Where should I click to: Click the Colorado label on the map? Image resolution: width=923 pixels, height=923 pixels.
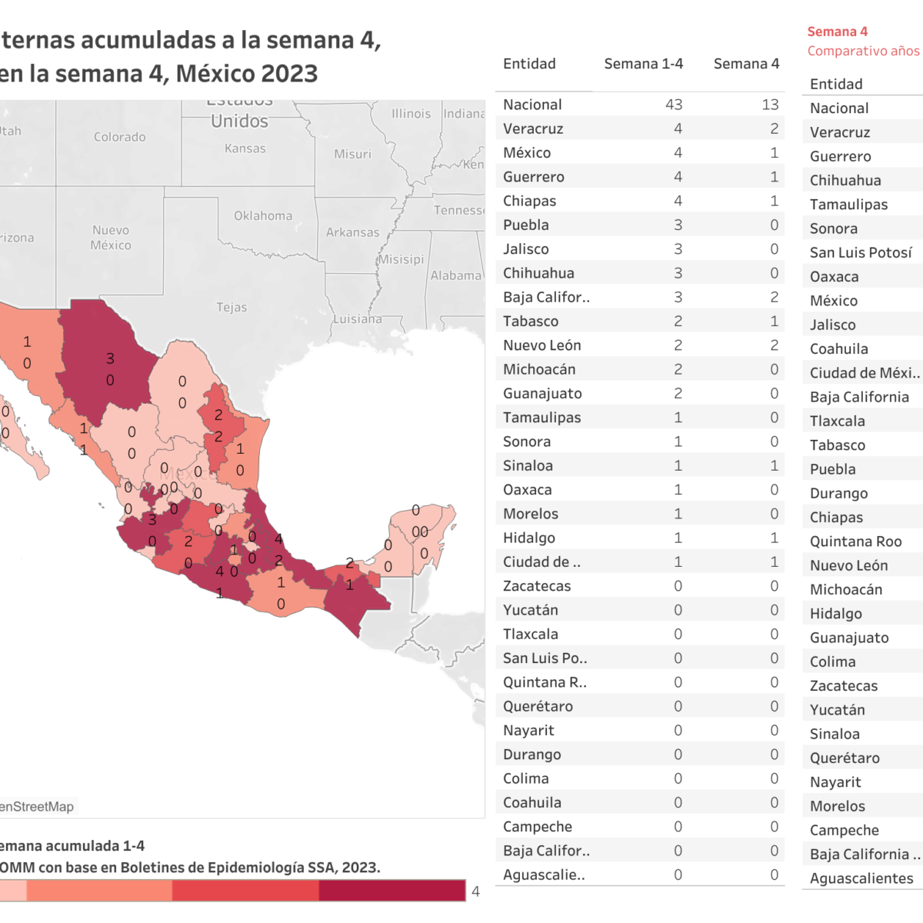(119, 137)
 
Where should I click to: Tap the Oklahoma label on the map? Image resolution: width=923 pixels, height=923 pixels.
(263, 216)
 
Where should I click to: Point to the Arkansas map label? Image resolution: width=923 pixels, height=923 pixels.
(352, 232)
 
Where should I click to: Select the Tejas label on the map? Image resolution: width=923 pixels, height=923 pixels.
(232, 308)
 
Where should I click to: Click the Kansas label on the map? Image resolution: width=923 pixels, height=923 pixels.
(245, 148)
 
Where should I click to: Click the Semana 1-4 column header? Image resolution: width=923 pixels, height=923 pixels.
(643, 64)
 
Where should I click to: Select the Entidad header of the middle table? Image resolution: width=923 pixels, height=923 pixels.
(529, 64)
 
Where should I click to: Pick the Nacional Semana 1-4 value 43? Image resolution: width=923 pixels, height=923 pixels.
(674, 105)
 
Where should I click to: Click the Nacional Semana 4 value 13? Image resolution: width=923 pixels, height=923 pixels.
(770, 105)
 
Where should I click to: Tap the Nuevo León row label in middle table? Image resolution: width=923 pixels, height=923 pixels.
(541, 345)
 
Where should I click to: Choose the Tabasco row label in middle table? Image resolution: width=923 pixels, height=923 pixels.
(531, 322)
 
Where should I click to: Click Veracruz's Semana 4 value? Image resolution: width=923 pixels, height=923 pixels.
(774, 128)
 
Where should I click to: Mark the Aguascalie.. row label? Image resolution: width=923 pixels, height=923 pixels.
(544, 875)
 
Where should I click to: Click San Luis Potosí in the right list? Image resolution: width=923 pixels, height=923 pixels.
(861, 252)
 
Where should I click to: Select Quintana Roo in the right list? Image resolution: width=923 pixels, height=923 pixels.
(855, 541)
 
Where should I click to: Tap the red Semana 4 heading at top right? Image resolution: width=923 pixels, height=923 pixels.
(837, 32)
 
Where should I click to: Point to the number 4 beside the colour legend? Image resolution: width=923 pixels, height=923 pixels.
(475, 891)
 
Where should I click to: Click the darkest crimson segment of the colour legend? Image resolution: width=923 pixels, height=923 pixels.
(392, 891)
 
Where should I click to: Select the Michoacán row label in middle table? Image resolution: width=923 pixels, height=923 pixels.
(539, 369)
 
